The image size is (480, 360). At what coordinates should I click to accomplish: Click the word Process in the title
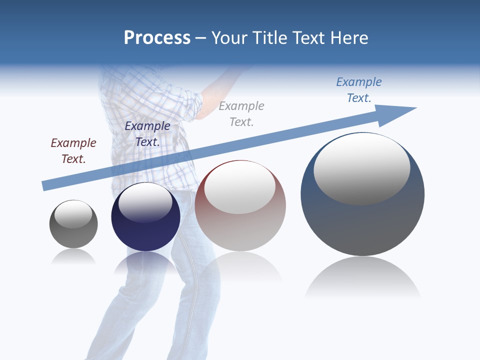coord(157,38)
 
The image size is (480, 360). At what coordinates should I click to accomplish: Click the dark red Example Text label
coord(73,150)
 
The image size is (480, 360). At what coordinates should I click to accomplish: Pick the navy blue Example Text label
coord(147,133)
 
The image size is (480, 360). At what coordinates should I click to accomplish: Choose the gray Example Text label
coord(241,113)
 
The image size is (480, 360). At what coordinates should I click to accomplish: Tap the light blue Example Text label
coord(359,89)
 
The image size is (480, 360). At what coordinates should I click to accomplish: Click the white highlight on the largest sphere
coord(361,167)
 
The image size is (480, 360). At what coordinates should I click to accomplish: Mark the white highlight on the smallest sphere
coord(73,214)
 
